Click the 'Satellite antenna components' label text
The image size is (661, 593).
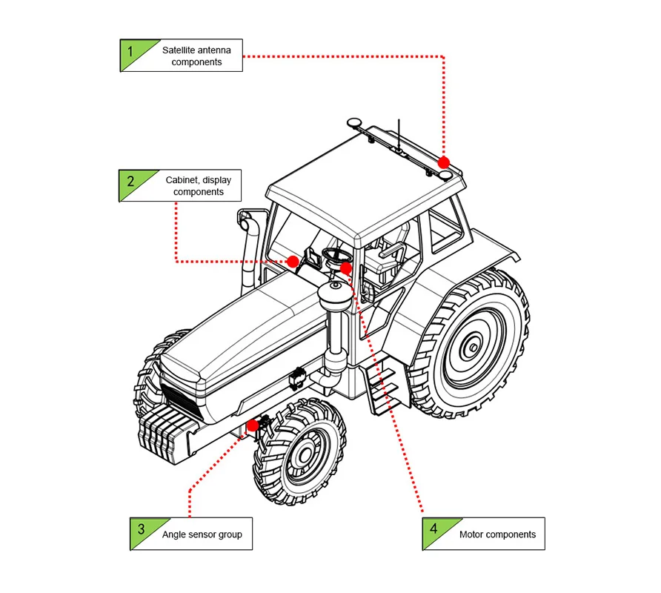coord(196,56)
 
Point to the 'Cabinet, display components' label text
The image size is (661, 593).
coord(198,186)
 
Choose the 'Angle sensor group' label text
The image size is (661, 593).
coord(202,534)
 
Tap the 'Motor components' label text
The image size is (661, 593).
coord(497,534)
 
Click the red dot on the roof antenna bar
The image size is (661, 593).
coord(443,162)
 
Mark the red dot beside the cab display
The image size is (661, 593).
coord(293,262)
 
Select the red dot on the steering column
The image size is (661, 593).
coord(345,268)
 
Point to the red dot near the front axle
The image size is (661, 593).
coord(253,425)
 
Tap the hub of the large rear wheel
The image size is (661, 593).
coord(473,348)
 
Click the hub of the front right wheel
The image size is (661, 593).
coord(305,454)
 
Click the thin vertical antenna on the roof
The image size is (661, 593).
coord(399,134)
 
